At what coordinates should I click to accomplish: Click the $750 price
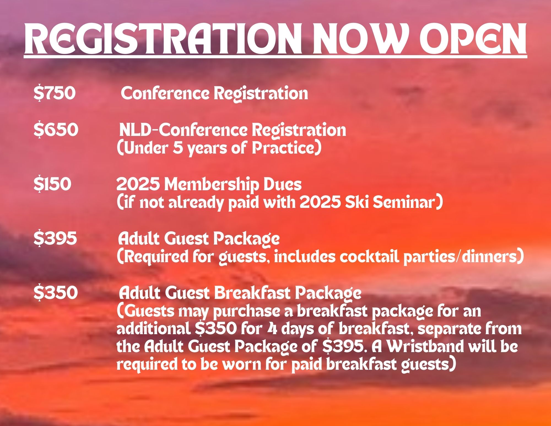coord(54,93)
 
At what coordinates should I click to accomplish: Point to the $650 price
coord(56,130)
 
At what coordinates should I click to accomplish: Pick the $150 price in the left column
coord(52,184)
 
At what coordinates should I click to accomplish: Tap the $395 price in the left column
coord(55,238)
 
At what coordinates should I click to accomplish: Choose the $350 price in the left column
coord(56,292)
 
